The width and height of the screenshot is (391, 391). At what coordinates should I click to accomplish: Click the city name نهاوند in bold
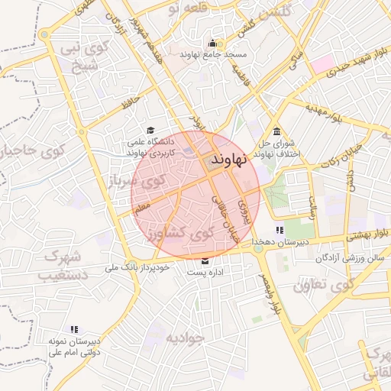click(x=225, y=160)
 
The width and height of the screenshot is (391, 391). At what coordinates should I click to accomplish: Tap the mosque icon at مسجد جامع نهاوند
click(x=212, y=42)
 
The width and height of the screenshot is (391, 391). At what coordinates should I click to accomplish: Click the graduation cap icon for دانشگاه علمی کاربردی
click(x=150, y=131)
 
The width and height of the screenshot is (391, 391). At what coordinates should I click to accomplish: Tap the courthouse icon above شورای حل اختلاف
click(x=276, y=131)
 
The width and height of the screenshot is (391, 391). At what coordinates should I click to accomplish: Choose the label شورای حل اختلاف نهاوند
click(x=276, y=148)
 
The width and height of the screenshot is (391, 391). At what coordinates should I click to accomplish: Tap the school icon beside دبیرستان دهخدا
click(x=280, y=230)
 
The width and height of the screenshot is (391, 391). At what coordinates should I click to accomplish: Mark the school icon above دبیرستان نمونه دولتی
click(x=73, y=329)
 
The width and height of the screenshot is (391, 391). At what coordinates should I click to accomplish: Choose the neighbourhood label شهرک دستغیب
click(x=63, y=263)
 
